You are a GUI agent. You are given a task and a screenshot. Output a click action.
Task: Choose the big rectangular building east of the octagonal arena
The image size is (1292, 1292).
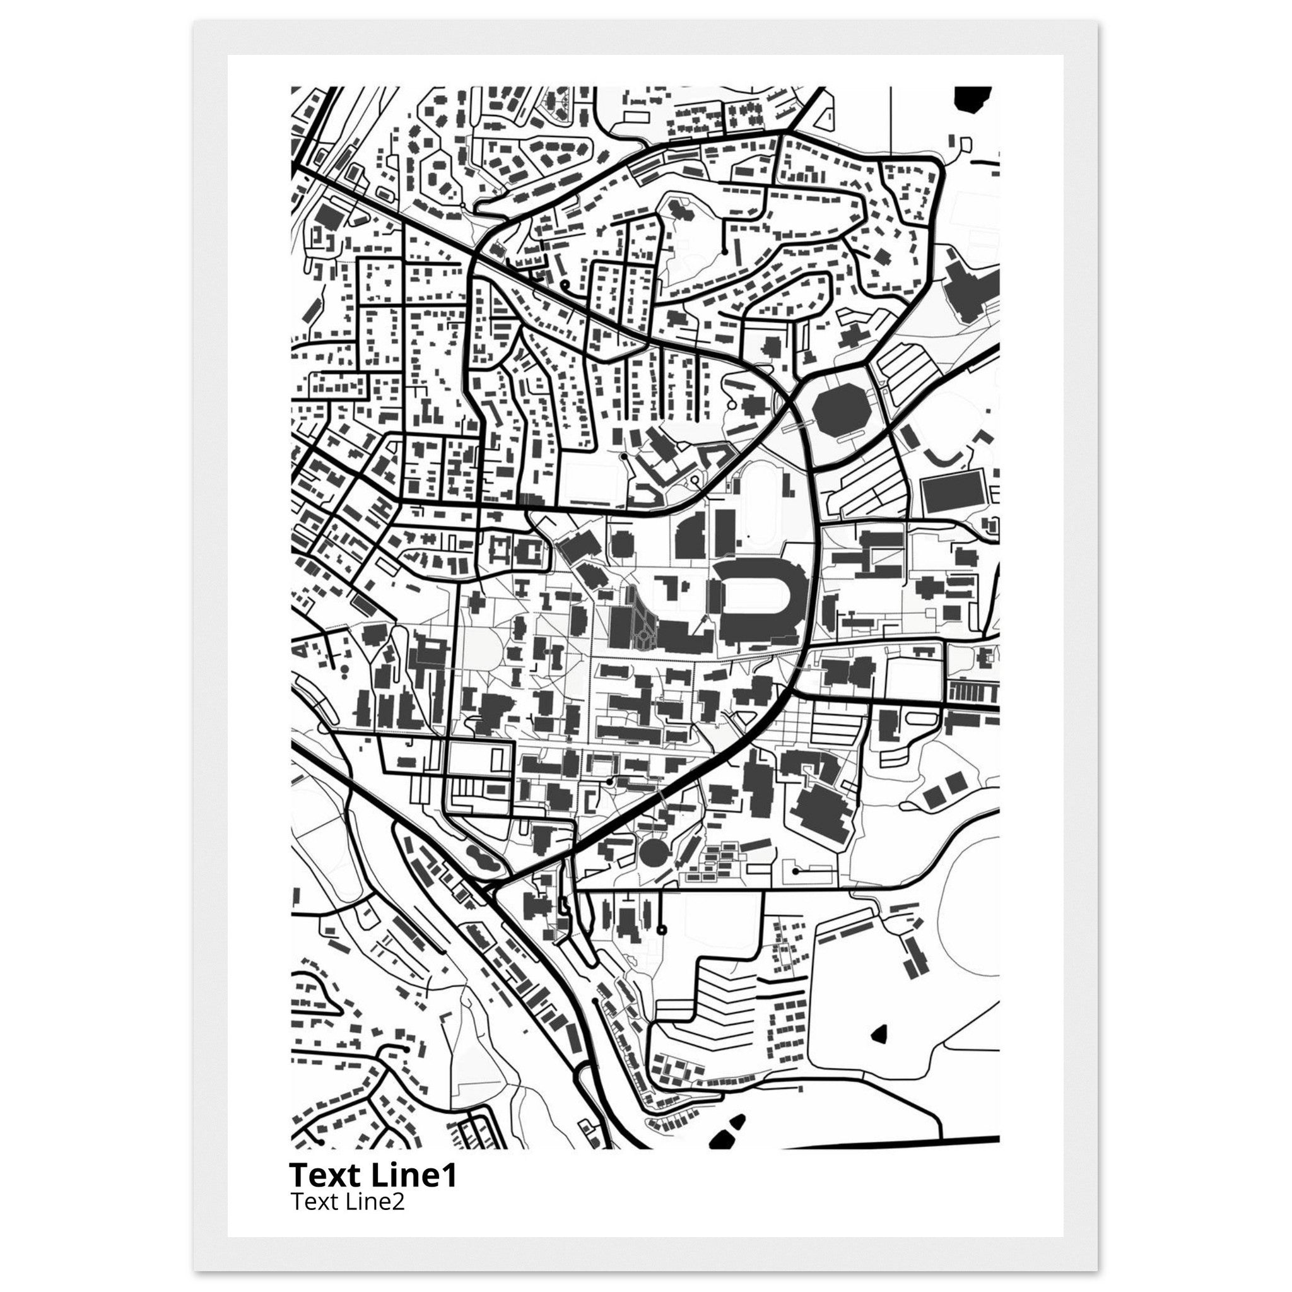click(x=953, y=493)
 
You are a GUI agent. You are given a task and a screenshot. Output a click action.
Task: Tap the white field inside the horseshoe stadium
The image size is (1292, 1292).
click(x=755, y=595)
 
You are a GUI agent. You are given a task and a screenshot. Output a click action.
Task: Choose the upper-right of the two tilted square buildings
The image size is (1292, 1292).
click(x=955, y=780)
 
